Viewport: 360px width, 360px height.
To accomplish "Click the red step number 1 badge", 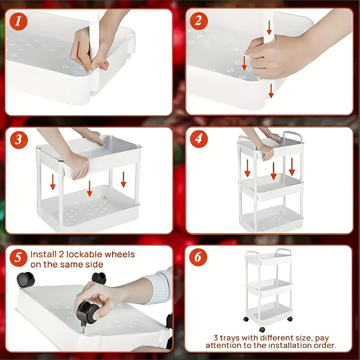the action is pyautogui.click(x=18, y=22).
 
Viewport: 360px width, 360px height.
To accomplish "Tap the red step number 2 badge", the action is pyautogui.click(x=199, y=21).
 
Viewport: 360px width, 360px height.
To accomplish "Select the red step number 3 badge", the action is pyautogui.click(x=19, y=140).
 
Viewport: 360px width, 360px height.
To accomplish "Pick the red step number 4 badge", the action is pyautogui.click(x=199, y=139).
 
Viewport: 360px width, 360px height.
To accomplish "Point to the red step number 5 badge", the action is pyautogui.click(x=18, y=258).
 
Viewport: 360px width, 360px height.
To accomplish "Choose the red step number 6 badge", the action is pyautogui.click(x=198, y=257).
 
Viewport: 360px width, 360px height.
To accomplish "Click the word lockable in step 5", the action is pyautogui.click(x=84, y=255).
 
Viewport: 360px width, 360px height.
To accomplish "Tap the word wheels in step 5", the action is pyautogui.click(x=119, y=255).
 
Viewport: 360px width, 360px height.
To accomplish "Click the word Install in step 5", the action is pyautogui.click(x=44, y=255).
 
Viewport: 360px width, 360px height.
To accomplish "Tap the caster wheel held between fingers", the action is pyautogui.click(x=87, y=313).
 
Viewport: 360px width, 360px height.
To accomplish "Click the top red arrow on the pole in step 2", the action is pyautogui.click(x=269, y=27).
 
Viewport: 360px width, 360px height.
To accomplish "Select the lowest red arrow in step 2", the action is pyautogui.click(x=271, y=91).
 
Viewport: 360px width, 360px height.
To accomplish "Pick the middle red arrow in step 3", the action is pyautogui.click(x=89, y=189).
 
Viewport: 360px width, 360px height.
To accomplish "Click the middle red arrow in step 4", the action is pyautogui.click(x=273, y=171).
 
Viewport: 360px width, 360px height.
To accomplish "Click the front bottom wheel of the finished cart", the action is pyautogui.click(x=262, y=329).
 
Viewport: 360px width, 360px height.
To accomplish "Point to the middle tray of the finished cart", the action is pyautogui.click(x=269, y=287).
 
